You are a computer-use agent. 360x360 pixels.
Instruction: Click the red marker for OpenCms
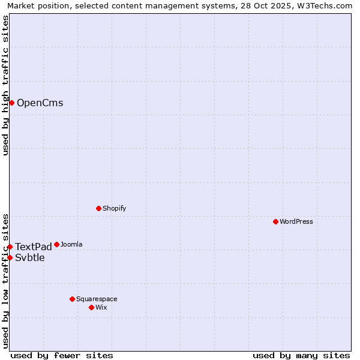tap(11, 103)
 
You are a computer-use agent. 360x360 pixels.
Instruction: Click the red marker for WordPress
tap(275, 221)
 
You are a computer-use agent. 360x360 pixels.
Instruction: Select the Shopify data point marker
tap(98, 208)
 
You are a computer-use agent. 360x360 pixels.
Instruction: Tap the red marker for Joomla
tap(56, 244)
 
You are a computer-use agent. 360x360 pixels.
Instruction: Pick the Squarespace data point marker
tap(72, 299)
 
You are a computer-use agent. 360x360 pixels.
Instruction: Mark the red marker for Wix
tap(91, 307)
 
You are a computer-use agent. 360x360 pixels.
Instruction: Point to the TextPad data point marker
tap(10, 247)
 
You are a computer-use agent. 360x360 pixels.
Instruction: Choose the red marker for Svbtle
tap(10, 257)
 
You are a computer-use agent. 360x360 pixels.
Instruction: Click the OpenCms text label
tap(40, 103)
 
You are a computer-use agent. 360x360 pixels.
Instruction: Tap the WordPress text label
tap(296, 221)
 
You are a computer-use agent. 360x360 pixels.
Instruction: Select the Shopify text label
tap(114, 208)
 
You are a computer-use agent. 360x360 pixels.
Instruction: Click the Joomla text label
tap(71, 244)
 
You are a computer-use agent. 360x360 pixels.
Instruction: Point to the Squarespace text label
tap(97, 299)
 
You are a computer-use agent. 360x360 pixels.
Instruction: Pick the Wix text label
tap(101, 307)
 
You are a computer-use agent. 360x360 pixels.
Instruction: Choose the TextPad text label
tap(34, 247)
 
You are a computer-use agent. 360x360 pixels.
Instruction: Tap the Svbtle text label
tap(30, 258)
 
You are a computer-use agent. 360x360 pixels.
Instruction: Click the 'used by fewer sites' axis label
tap(62, 355)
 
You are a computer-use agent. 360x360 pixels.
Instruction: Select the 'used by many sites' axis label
tap(301, 355)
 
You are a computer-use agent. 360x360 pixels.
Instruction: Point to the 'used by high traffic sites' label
tap(5, 85)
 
